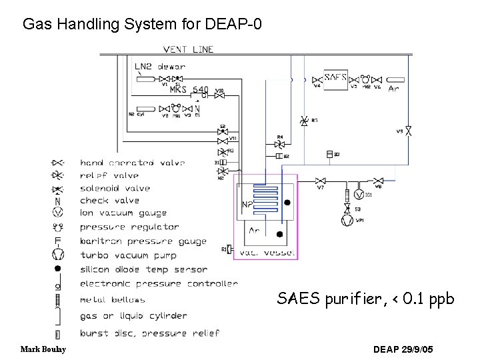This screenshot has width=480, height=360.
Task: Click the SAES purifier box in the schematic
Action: click(336, 78)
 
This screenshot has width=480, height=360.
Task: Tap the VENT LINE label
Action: click(189, 49)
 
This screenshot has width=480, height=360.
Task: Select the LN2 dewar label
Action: click(160, 66)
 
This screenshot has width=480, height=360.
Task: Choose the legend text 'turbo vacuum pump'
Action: click(128, 255)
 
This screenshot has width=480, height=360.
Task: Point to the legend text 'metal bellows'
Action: click(112, 300)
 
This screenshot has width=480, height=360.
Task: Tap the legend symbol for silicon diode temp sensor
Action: click(58, 268)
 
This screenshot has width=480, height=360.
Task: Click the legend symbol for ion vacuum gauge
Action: click(58, 213)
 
